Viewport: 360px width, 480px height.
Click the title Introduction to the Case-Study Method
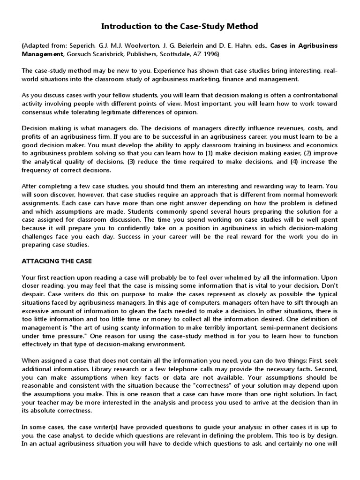click(x=180, y=26)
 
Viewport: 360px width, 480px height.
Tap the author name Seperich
click(x=83, y=45)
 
